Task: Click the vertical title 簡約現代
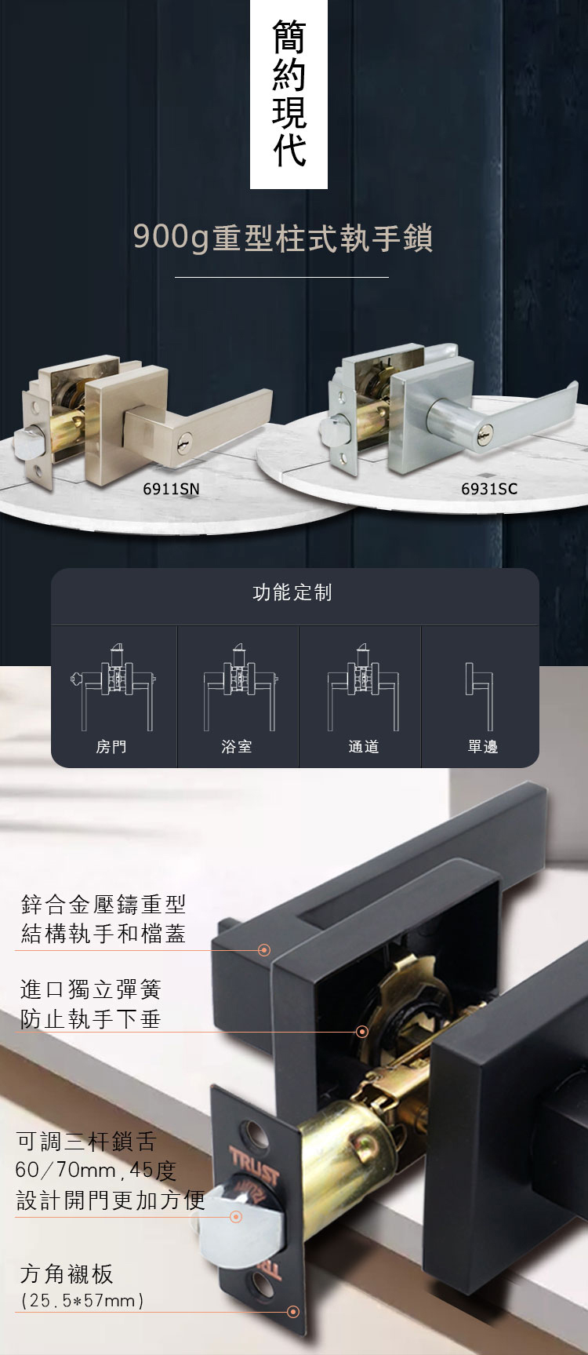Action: coord(289,94)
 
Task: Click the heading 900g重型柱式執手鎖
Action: coord(283,239)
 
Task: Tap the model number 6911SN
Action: coord(171,489)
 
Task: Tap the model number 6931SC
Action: coord(489,489)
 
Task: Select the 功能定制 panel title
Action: coord(292,592)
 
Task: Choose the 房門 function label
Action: coord(111,747)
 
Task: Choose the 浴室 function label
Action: coord(237,747)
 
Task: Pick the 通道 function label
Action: coord(364,747)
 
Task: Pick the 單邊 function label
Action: coord(483,747)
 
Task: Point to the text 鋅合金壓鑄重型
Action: coord(103,905)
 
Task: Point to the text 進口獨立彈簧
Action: coord(90,989)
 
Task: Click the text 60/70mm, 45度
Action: coord(96,1171)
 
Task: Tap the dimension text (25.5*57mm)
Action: coord(82,1300)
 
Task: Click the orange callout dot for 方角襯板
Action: coord(293,1312)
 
